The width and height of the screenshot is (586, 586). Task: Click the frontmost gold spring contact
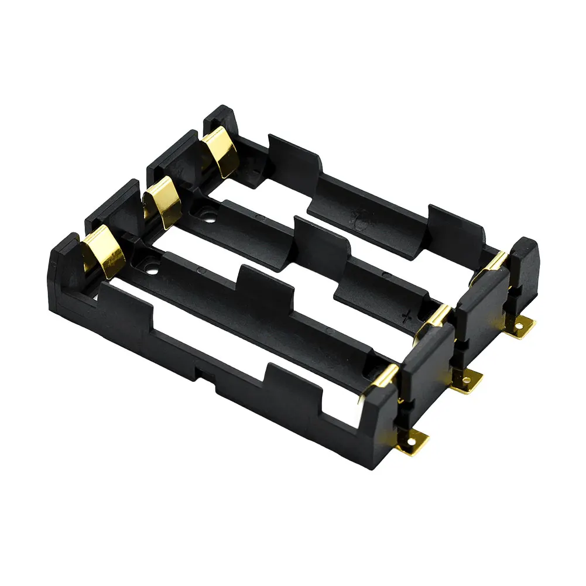click(x=104, y=252)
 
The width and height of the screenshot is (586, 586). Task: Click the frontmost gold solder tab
click(x=413, y=441)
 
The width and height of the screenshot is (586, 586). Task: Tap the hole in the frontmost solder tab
click(x=417, y=438)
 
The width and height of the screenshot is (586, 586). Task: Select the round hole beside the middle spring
click(x=208, y=219)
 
